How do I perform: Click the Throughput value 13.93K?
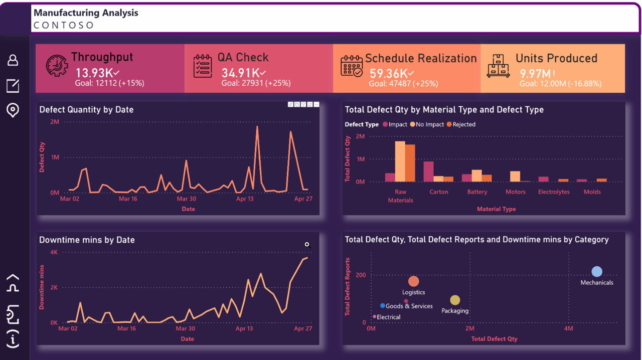pyautogui.click(x=94, y=73)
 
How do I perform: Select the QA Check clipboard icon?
pyautogui.click(x=203, y=66)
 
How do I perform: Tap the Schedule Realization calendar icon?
pyautogui.click(x=352, y=66)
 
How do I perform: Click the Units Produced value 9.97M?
pyautogui.click(x=535, y=74)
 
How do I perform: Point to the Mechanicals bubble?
pyautogui.click(x=597, y=271)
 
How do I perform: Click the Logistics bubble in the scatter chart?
pyautogui.click(x=413, y=281)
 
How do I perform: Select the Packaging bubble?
pyautogui.click(x=455, y=300)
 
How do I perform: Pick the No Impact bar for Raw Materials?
pyautogui.click(x=400, y=161)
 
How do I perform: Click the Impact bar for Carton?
pyautogui.click(x=428, y=171)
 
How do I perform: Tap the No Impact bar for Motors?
pyautogui.click(x=515, y=176)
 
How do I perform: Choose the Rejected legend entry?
pyautogui.click(x=461, y=124)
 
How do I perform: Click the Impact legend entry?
pyautogui.click(x=395, y=124)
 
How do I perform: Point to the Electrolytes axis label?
pyautogui.click(x=554, y=192)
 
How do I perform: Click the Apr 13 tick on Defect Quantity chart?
pyautogui.click(x=245, y=199)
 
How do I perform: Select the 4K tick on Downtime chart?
pyautogui.click(x=54, y=252)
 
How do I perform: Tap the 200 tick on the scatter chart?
pyautogui.click(x=361, y=275)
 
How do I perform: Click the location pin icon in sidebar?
pyautogui.click(x=13, y=110)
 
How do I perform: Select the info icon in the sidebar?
pyautogui.click(x=13, y=339)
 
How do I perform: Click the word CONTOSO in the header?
pyautogui.click(x=63, y=25)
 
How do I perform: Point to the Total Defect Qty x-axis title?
pyautogui.click(x=495, y=339)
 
